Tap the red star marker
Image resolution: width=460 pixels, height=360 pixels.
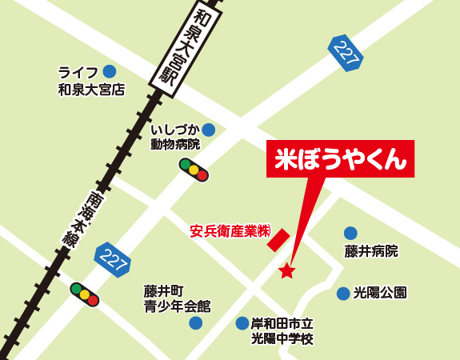tap(286, 271)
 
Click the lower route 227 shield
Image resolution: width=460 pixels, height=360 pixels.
tap(110, 258)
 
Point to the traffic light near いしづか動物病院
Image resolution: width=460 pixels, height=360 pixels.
tap(194, 170)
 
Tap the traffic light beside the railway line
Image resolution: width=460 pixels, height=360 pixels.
tap(84, 294)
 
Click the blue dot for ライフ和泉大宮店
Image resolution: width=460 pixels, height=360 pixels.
tap(109, 72)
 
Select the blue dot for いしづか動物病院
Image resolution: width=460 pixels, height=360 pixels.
tap(209, 130)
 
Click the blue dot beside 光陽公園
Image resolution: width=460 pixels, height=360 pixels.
tap(343, 294)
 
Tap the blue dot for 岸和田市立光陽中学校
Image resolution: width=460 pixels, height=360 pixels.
tap(242, 323)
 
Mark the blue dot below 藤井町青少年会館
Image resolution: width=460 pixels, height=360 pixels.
tap(195, 323)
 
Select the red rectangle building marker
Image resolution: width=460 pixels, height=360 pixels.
tap(278, 239)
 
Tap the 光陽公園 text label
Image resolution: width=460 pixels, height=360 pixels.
tap(380, 294)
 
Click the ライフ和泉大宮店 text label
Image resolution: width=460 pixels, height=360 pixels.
tap(91, 81)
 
